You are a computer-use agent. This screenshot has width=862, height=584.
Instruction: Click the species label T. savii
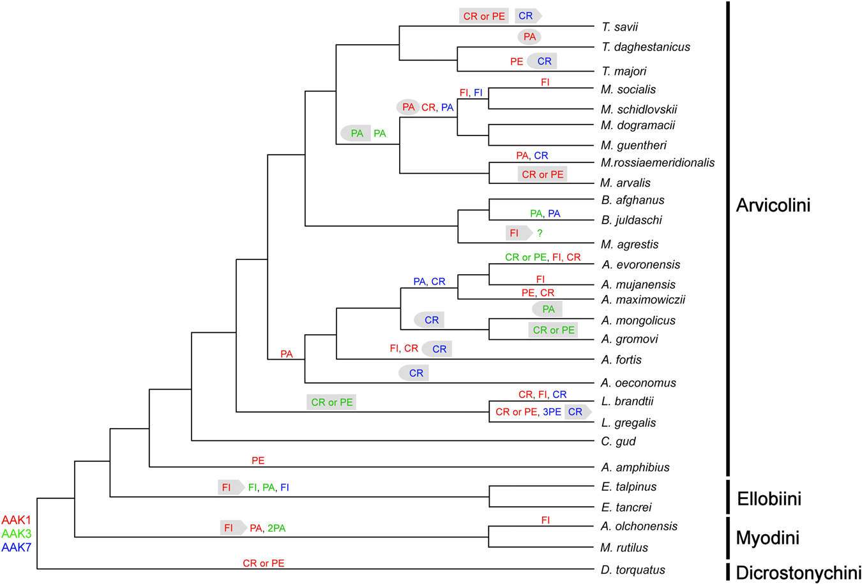coord(619,27)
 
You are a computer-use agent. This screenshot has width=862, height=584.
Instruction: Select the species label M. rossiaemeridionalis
coord(657,163)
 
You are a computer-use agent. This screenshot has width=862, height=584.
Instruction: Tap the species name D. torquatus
coord(633,570)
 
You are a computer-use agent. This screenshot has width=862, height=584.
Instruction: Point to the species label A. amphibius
coord(635,468)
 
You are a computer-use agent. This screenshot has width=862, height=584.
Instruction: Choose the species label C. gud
coord(618,442)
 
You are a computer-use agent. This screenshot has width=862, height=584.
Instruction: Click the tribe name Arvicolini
coord(773,205)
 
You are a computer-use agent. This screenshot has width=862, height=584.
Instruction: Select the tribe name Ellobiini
coord(769,498)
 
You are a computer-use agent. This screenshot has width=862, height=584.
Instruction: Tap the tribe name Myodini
coord(767,538)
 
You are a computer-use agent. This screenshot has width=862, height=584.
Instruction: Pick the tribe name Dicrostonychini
coord(798,572)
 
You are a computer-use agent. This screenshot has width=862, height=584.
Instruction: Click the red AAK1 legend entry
coord(16,520)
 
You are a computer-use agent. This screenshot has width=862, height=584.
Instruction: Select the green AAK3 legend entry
coord(16,534)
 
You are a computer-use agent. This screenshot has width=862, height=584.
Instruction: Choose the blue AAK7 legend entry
coord(16,547)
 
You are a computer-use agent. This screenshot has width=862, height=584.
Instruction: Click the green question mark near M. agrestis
coord(540,234)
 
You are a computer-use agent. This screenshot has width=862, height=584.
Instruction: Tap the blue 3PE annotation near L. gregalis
coord(552,412)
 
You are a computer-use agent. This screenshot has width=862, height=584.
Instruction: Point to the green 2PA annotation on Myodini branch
coord(276,528)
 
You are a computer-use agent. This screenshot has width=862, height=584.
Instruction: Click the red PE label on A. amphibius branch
coord(258,461)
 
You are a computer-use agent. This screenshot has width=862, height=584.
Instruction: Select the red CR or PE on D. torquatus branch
coord(264,564)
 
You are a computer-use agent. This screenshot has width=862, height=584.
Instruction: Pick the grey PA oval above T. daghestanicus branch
coord(529,37)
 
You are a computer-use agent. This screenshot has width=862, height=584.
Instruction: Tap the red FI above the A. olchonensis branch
coord(545,521)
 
